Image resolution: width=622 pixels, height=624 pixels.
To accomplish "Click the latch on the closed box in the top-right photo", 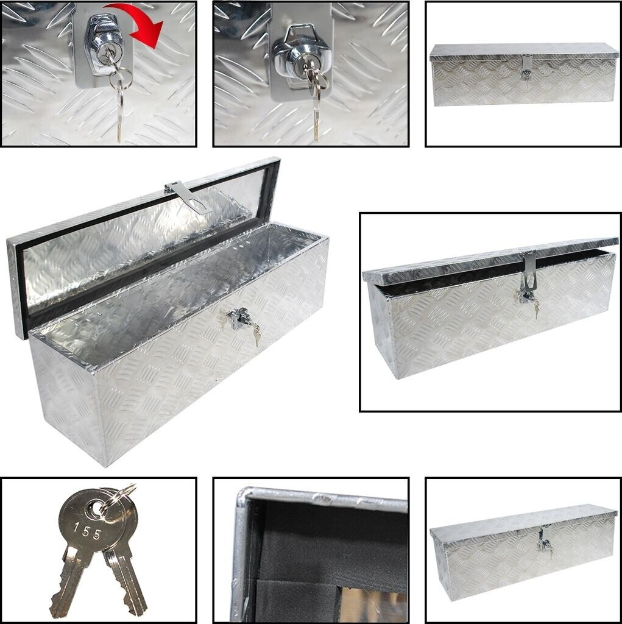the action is coord(526,68).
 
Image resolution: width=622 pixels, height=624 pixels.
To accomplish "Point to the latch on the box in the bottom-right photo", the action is coord(543,537).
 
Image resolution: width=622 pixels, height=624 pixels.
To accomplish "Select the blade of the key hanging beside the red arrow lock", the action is coord(119,119).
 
